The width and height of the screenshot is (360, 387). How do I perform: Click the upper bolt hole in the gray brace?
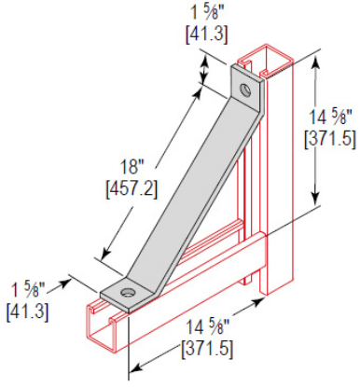tap(244, 91)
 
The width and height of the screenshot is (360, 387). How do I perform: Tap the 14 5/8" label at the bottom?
tap(210, 328)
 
